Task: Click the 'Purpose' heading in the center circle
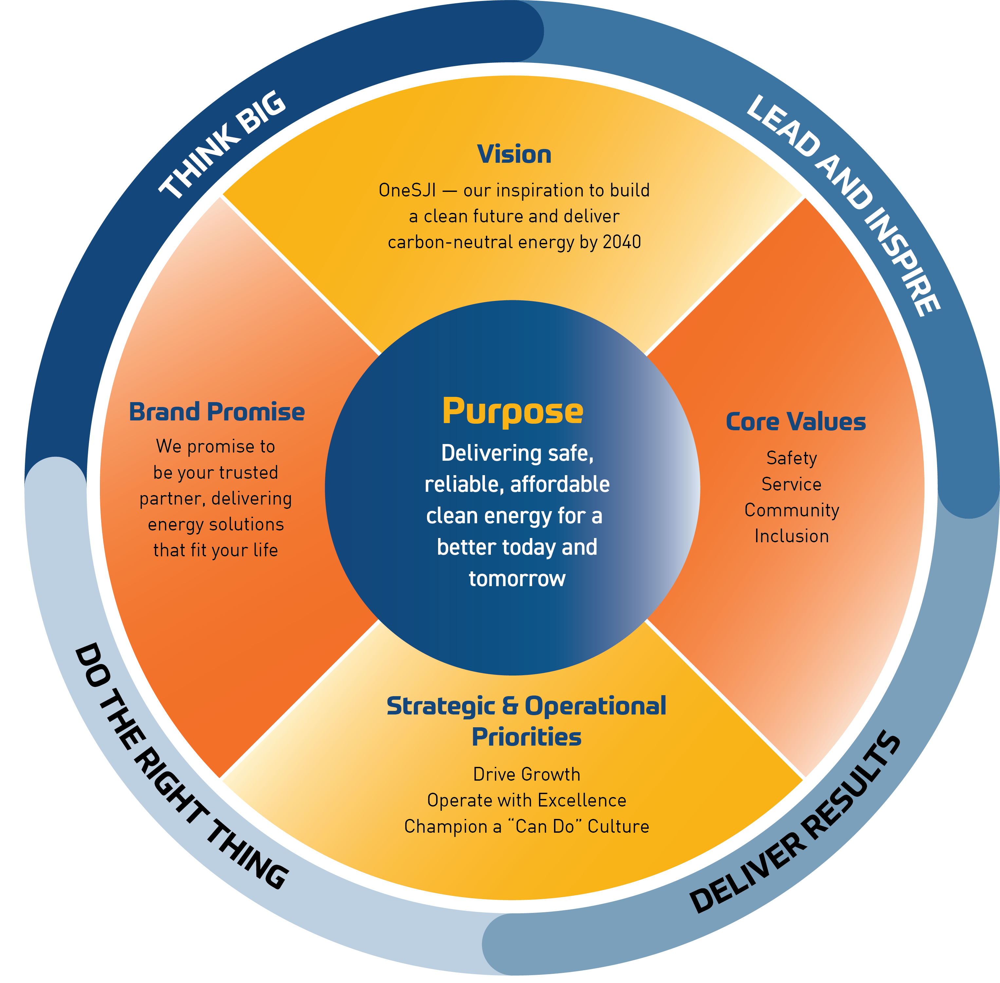pos(513,412)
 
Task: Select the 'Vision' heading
pos(514,154)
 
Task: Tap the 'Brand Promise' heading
pos(217,412)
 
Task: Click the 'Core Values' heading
pos(796,422)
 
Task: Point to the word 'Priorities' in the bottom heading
pos(527,737)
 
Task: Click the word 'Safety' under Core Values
pos(791,458)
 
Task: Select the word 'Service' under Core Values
pos(791,484)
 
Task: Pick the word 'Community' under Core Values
pos(791,510)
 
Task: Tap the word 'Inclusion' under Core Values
pos(791,536)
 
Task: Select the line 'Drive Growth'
pos(527,774)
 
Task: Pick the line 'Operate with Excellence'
pos(527,800)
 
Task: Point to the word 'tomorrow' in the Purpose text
pos(517,579)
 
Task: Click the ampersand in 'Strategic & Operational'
pos(509,706)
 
